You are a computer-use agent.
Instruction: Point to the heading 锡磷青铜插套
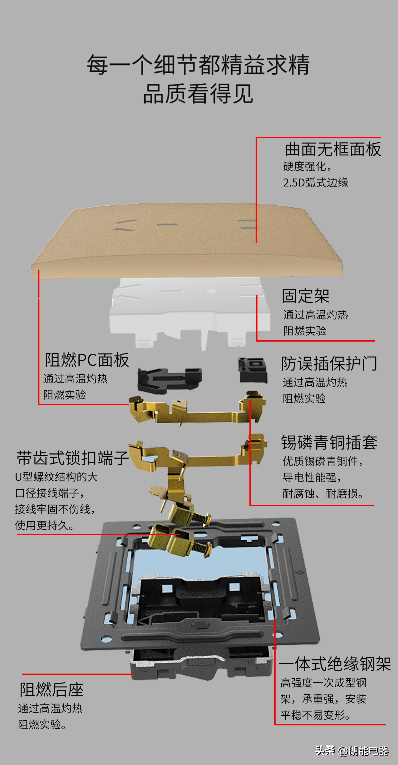click(329, 442)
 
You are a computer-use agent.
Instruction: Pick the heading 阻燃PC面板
click(87, 360)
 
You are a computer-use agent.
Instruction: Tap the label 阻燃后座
click(51, 690)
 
